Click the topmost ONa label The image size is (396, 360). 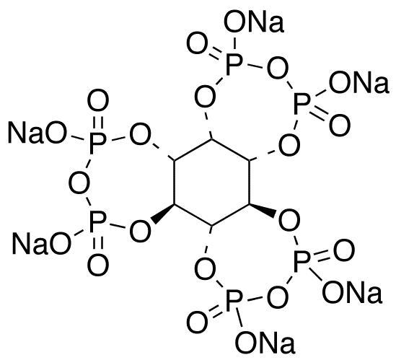[254, 21]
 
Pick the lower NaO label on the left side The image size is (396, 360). [42, 243]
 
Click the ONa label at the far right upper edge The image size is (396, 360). [359, 82]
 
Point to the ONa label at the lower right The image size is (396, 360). [352, 292]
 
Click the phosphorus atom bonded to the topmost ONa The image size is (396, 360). [234, 65]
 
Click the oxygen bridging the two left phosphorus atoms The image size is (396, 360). [79, 183]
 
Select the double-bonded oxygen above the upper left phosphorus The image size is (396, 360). [98, 100]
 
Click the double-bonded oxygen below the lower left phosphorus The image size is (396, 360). [98, 265]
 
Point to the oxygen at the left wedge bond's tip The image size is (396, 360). [141, 231]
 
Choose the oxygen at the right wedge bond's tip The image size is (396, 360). [289, 220]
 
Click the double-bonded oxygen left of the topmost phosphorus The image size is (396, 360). [197, 43]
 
